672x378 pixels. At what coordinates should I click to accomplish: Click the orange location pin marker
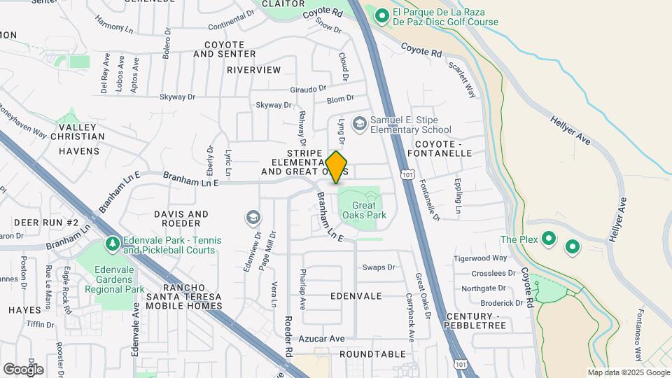337,167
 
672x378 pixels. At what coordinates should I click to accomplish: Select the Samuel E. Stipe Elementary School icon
360,124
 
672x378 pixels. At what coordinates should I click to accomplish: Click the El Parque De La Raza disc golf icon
382,14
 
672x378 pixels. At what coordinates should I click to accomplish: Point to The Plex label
519,240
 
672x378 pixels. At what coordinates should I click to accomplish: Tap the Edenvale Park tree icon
111,244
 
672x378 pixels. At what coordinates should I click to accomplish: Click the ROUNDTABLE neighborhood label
372,354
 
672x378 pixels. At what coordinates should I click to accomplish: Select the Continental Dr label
231,19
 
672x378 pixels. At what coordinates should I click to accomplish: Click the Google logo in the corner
23,369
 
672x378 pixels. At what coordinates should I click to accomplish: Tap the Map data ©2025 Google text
628,372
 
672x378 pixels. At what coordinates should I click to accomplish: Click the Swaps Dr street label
379,267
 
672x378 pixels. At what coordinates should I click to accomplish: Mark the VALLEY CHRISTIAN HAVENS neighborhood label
81,139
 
